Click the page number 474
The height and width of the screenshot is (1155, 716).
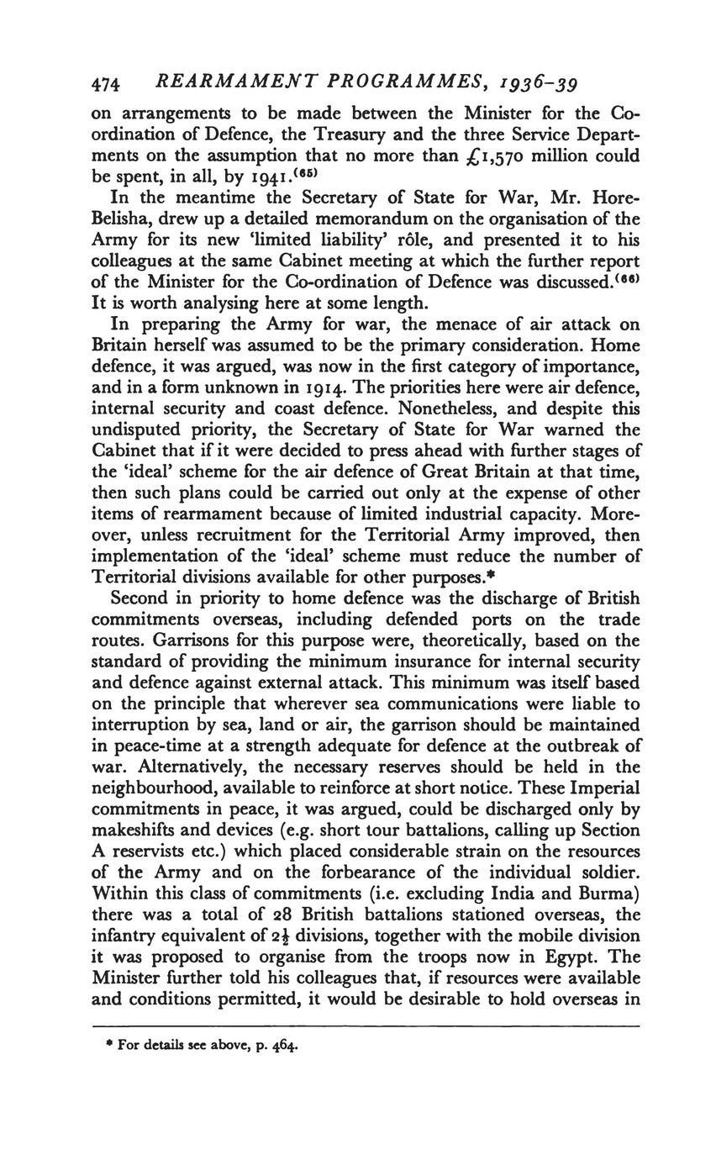coord(107,84)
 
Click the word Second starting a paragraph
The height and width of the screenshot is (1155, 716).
coord(140,599)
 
